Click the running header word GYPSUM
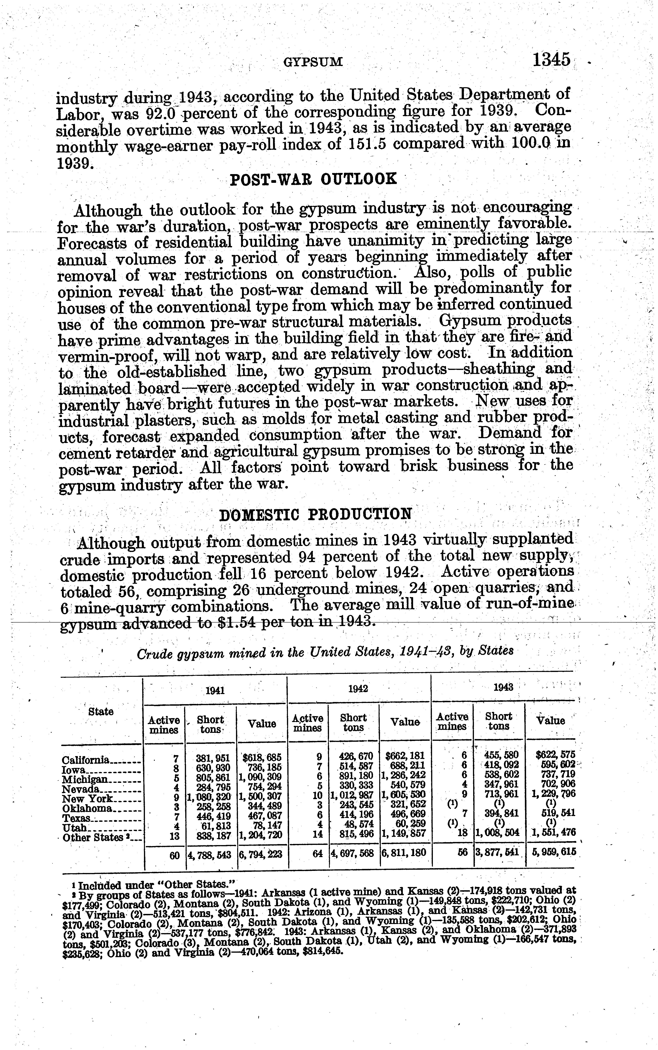tap(313, 62)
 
